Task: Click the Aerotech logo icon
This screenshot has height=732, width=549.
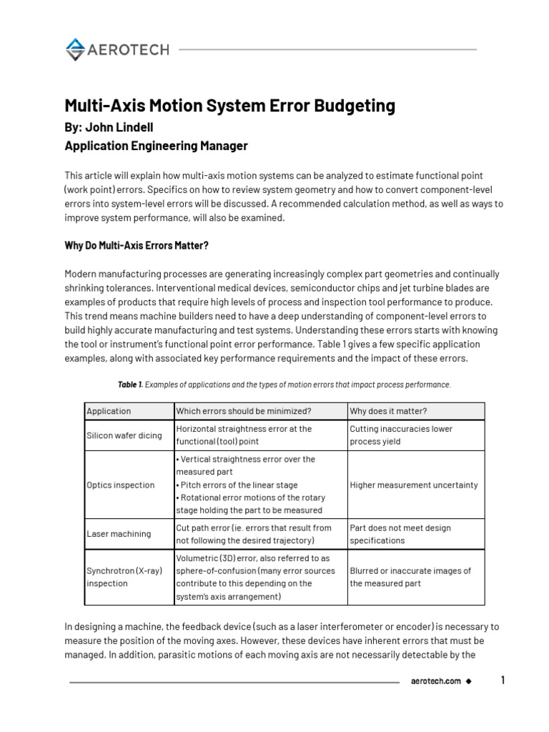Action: click(x=74, y=49)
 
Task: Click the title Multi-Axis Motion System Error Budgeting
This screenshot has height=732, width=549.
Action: click(x=229, y=106)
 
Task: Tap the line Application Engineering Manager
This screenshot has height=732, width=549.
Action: click(x=156, y=146)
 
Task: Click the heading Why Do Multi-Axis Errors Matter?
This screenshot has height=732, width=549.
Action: click(x=137, y=245)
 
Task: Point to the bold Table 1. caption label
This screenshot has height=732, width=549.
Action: click(x=130, y=385)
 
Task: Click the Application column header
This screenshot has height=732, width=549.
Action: click(x=109, y=411)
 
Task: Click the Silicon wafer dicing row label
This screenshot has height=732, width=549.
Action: click(x=124, y=435)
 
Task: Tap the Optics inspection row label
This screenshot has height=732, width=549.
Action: click(x=120, y=485)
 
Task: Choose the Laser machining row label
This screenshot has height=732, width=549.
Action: click(x=119, y=534)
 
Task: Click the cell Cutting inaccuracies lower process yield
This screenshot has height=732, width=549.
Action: click(x=401, y=435)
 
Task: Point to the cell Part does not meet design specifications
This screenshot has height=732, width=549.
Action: click(x=400, y=534)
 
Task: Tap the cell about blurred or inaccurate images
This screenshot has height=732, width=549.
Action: click(x=410, y=577)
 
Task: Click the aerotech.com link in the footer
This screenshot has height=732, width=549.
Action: click(x=435, y=681)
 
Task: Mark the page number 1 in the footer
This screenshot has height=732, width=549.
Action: click(x=503, y=681)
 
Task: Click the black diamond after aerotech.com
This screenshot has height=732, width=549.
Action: click(x=468, y=681)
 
